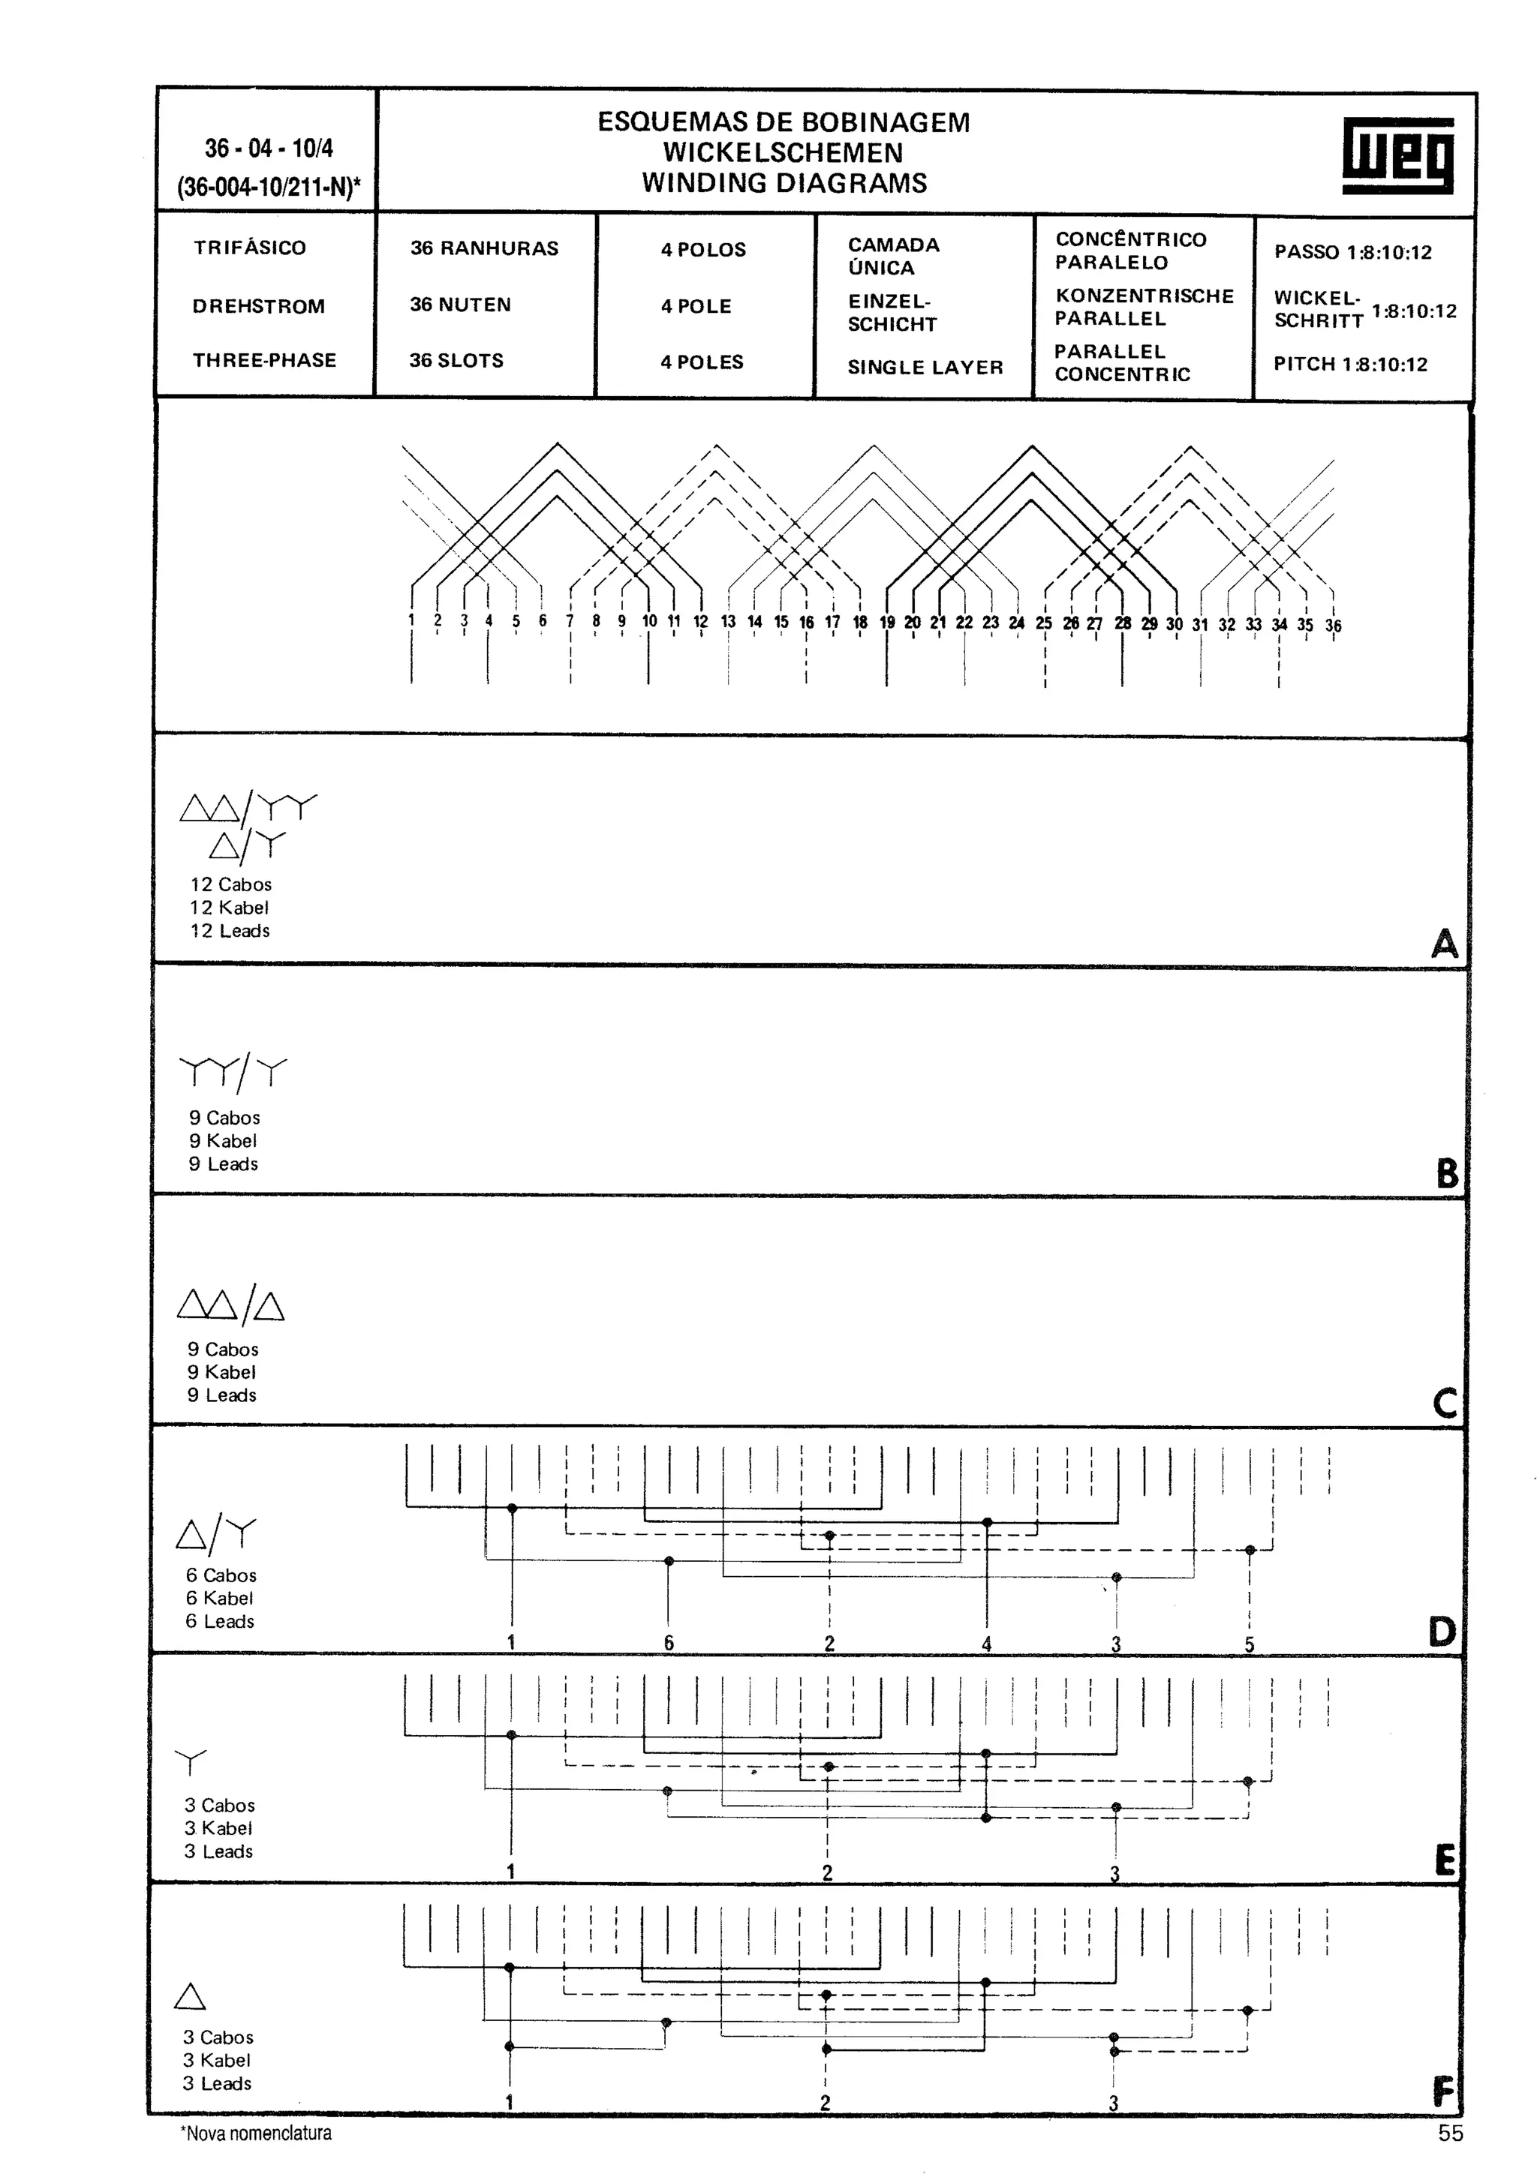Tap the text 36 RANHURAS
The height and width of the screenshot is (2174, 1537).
484,248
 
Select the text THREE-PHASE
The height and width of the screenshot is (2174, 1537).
264,360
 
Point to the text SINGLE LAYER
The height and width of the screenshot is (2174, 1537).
925,368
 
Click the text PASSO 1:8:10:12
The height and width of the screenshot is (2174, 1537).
1352,252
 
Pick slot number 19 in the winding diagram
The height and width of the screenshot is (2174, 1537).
886,622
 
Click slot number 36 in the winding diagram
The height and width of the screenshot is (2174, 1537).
1332,626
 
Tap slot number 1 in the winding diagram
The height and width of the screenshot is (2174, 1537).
412,620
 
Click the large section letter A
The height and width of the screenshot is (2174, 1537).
1444,943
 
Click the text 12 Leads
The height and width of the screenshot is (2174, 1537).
230,931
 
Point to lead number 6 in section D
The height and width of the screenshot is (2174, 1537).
669,1643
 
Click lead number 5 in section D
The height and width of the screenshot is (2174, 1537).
1249,1644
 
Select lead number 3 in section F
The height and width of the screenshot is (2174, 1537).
1114,2103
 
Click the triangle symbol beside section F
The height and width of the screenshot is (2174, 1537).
191,1997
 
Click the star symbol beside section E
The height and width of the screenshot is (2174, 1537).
191,1762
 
